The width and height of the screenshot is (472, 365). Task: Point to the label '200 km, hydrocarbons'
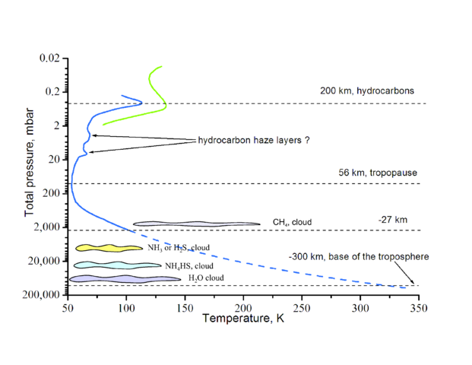tap(366, 90)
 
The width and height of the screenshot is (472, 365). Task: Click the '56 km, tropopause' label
tap(378, 173)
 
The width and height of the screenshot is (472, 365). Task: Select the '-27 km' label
tap(392, 220)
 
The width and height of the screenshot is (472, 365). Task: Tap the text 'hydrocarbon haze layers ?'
tap(253, 141)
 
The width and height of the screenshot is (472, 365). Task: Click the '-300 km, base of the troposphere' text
tap(359, 257)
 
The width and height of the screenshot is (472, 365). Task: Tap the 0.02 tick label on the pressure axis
tap(49, 58)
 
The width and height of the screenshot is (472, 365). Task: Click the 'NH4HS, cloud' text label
tap(189, 266)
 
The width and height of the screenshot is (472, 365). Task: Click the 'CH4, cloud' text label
tap(292, 223)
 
